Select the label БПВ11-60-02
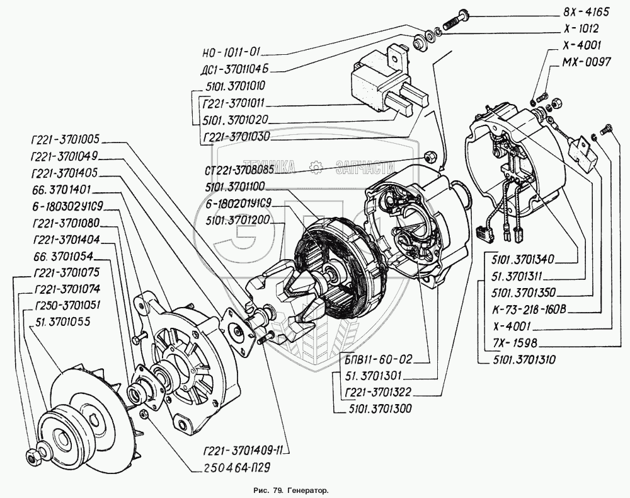(374, 361)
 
